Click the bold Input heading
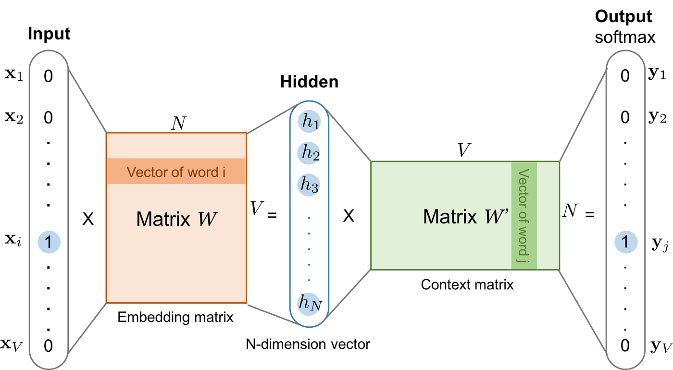coord(49,34)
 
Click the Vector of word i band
coord(176,172)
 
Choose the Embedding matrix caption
coord(175,317)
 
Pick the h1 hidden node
coord(308,122)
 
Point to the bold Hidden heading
coord(309,82)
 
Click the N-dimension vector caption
coord(308,344)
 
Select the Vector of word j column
coord(524,215)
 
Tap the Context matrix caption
coord(467,285)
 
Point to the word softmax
coord(625,37)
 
